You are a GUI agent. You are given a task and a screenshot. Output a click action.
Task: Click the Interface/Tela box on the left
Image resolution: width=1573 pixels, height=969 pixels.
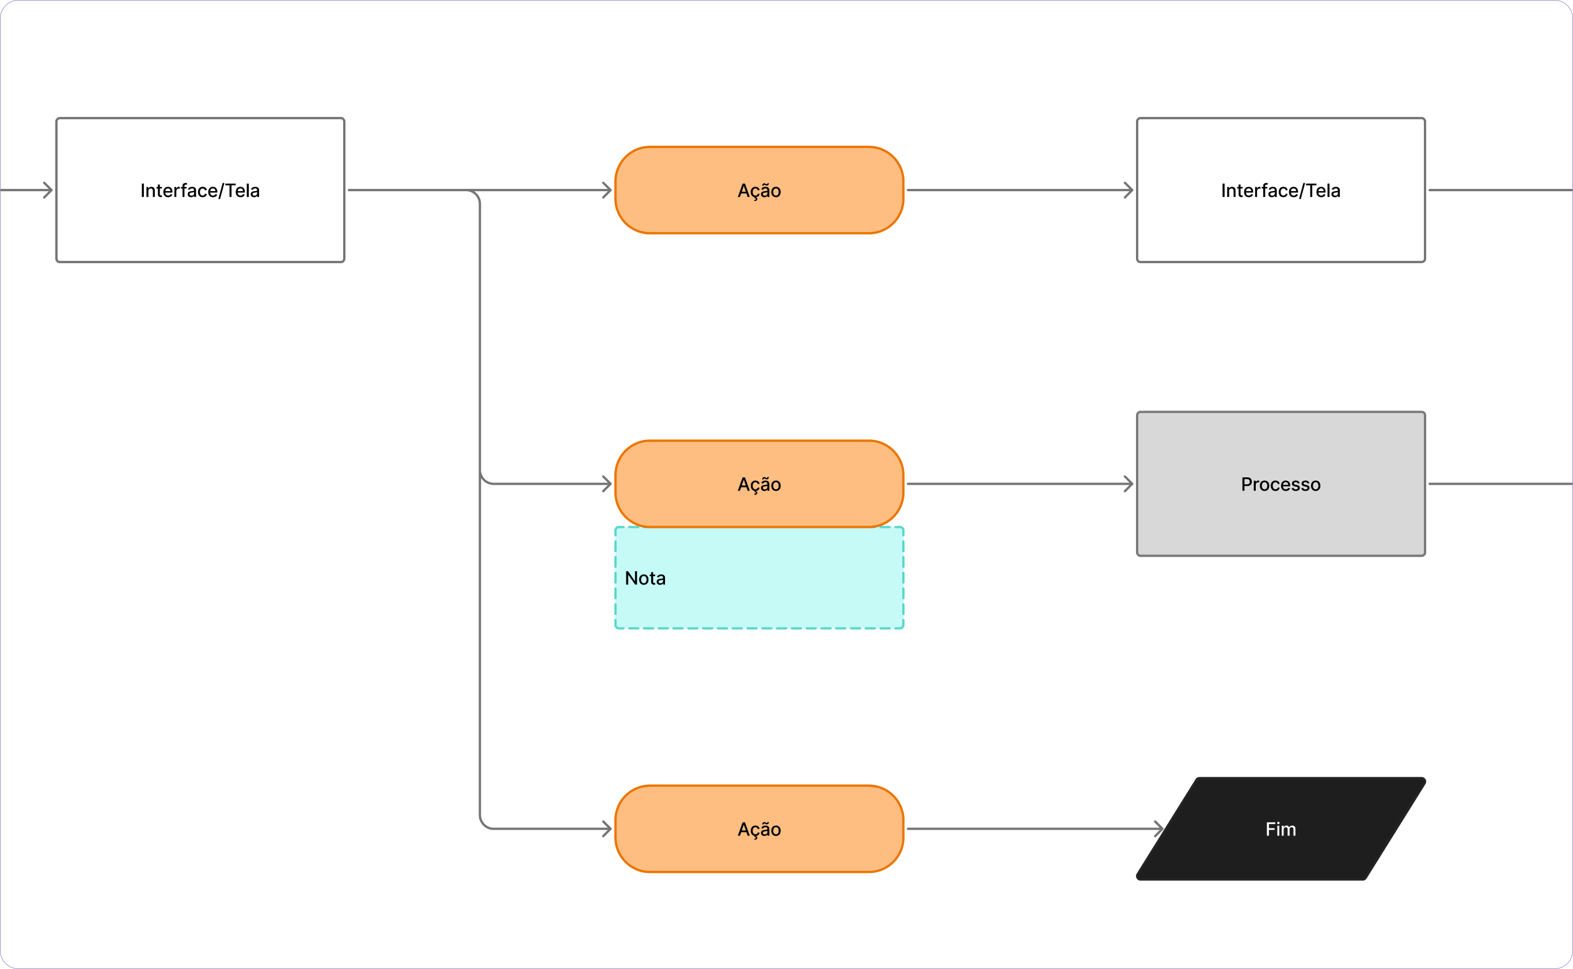coord(200,189)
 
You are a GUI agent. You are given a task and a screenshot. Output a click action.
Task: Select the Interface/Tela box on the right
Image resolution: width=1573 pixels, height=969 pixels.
coord(1281,189)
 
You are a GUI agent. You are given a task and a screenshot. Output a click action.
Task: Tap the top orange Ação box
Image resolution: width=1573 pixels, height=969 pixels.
coord(759,189)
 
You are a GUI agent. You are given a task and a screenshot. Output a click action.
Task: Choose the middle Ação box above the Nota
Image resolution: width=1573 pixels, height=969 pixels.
coord(759,484)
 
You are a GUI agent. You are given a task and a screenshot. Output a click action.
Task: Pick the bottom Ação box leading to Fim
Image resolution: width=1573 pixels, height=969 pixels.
coord(759,829)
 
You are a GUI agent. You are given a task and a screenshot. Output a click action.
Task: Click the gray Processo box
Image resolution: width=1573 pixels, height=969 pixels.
coord(1281,484)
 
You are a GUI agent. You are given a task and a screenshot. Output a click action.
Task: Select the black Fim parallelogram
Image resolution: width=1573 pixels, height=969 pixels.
coord(1281,829)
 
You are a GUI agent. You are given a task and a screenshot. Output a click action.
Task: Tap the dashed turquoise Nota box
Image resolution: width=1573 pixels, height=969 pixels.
coord(759,578)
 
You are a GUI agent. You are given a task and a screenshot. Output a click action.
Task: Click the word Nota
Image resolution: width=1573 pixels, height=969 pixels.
coord(645,578)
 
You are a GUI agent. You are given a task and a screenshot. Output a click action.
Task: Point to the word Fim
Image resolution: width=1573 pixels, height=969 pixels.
coord(1281,829)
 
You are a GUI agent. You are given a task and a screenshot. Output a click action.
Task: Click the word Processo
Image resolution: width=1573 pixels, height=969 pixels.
coord(1281,485)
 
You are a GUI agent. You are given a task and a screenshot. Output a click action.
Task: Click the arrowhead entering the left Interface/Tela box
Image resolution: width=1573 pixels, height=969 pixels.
coord(48,189)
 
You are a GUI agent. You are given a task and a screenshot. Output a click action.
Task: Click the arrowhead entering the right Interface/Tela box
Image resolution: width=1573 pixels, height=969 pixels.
coord(1129,189)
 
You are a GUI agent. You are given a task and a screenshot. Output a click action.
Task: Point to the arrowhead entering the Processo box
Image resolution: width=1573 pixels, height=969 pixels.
coord(1129,484)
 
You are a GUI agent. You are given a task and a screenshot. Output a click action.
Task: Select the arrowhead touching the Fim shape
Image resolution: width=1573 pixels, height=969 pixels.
coord(1158,829)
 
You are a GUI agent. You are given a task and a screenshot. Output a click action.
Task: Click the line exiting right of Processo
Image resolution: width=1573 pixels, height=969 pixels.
coord(1500,484)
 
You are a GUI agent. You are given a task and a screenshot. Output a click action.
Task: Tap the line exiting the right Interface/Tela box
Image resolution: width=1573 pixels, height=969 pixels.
coord(1500,189)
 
